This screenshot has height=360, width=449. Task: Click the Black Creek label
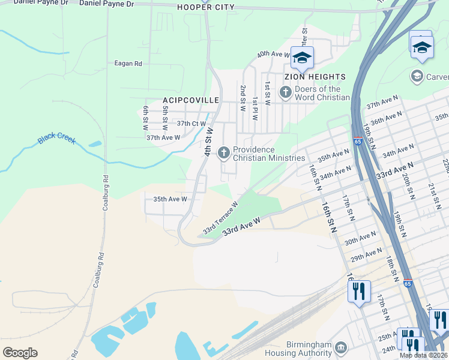pyautogui.click(x=57, y=139)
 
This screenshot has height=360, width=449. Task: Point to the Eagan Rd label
pyautogui.click(x=128, y=63)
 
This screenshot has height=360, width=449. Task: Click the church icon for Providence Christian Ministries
pyautogui.click(x=223, y=153)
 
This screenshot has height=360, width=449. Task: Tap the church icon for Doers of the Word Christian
pyautogui.click(x=285, y=92)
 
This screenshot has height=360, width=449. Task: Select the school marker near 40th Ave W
pyautogui.click(x=302, y=58)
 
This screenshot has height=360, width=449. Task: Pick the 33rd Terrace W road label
pyautogui.click(x=220, y=218)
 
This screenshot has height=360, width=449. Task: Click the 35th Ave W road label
pyautogui.click(x=170, y=199)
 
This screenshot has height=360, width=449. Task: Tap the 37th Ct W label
pyautogui.click(x=191, y=123)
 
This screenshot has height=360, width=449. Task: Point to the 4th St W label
pyautogui.click(x=209, y=142)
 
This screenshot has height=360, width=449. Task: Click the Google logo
pyautogui.click(x=20, y=353)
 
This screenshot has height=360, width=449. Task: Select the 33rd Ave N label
pyautogui.click(x=394, y=169)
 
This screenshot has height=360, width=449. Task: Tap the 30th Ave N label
pyautogui.click(x=360, y=238)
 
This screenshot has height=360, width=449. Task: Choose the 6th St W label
pyautogui.click(x=145, y=118)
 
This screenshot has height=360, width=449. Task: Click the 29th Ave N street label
pyautogui.click(x=366, y=254)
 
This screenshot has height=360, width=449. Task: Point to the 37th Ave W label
pyautogui.click(x=163, y=137)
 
